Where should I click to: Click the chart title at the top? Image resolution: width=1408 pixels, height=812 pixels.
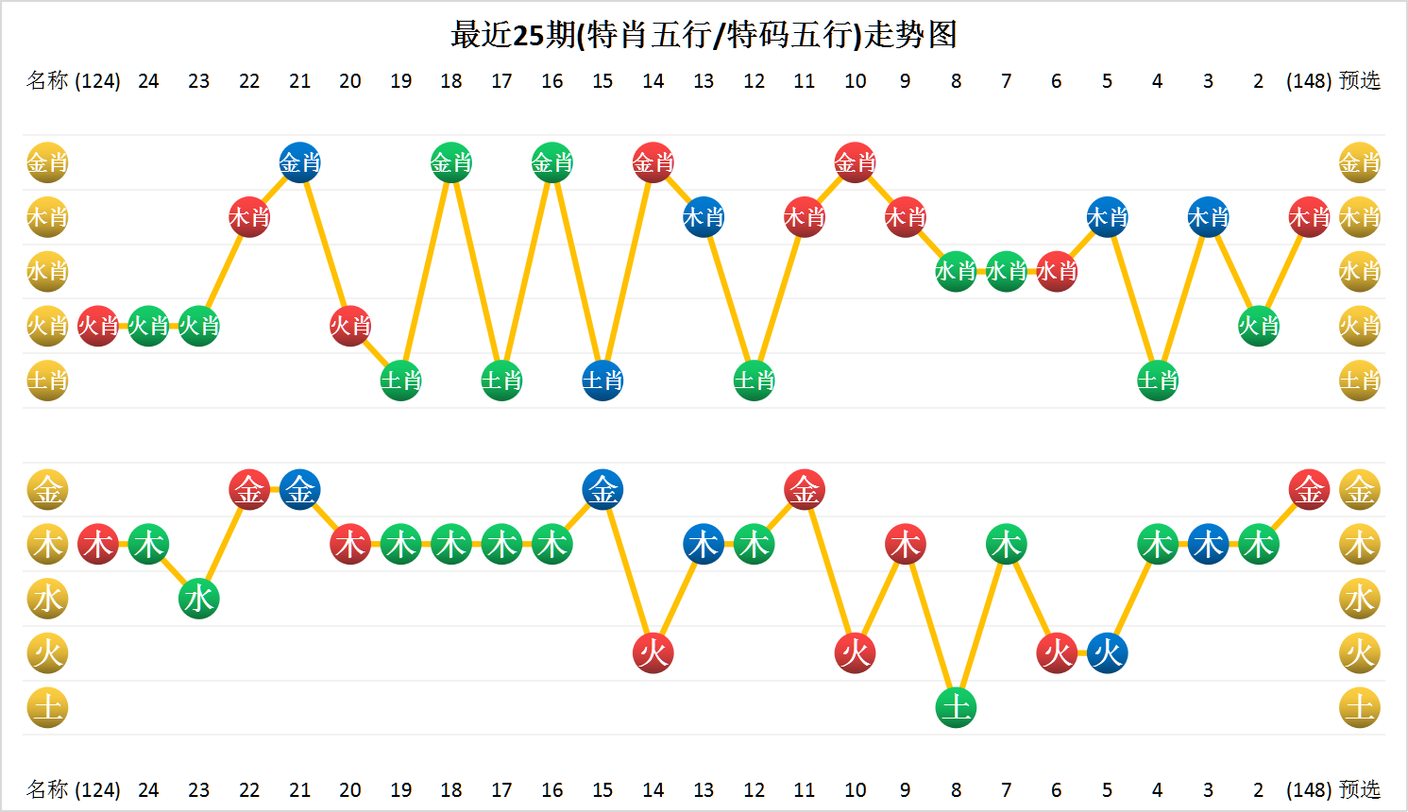coord(704,35)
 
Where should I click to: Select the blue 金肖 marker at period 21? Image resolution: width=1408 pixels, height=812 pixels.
coord(300,163)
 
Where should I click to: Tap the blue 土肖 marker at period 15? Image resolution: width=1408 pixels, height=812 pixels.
coord(602,381)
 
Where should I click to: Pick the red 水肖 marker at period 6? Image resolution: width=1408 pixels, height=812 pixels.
coord(1057,272)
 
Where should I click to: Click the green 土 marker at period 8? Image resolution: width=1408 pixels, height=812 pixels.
coord(956,707)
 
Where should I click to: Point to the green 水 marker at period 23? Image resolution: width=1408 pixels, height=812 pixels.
coord(199,599)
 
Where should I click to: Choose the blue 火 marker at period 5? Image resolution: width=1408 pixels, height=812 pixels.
coord(1107,652)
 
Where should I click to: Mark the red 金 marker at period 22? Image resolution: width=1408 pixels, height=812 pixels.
coord(249,490)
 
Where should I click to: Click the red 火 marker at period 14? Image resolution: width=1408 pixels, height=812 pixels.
coord(653,652)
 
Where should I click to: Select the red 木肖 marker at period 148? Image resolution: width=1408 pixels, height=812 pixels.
coord(1309,218)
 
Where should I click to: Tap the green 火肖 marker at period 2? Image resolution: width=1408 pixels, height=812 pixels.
coord(1258,326)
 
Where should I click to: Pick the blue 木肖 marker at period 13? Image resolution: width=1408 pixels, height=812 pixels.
coord(704,218)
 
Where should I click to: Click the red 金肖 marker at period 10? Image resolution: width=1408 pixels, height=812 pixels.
coord(855,163)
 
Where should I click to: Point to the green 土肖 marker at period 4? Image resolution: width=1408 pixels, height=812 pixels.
coord(1158,381)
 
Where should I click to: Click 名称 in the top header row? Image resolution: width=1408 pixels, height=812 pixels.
coord(47,81)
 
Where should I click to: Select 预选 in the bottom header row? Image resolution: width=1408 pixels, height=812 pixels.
coord(1360,789)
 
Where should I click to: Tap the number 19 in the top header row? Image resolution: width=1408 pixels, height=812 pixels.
coord(401,81)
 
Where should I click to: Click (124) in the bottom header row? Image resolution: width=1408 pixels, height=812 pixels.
coord(97,789)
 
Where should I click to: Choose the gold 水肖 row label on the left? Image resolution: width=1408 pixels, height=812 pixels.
coord(47,272)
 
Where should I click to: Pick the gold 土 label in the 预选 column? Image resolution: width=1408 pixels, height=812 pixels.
coord(1360,707)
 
